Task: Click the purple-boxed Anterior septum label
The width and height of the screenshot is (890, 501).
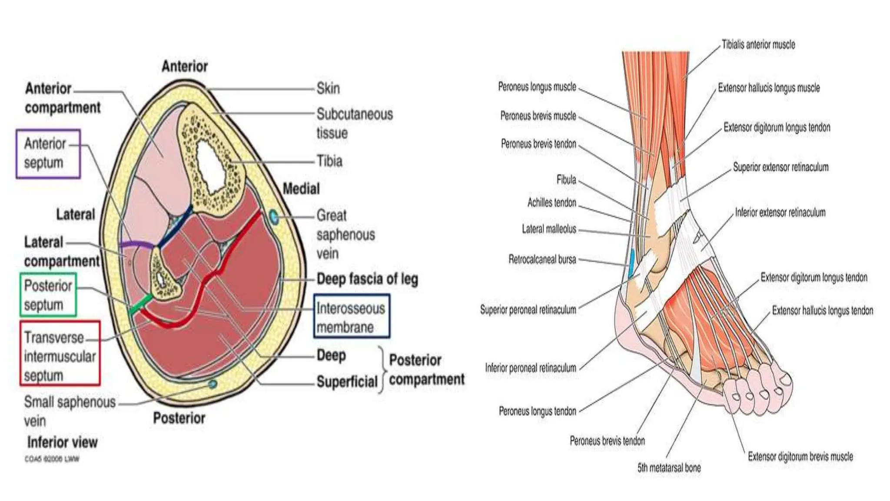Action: point(48,154)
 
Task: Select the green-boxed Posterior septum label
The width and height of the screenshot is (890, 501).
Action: point(48,295)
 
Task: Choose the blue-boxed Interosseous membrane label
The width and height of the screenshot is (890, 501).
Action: point(351,317)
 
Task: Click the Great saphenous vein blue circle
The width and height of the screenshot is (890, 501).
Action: point(274,217)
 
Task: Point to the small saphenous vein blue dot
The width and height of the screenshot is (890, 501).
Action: point(213,384)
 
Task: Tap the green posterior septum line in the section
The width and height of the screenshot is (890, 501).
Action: point(142,304)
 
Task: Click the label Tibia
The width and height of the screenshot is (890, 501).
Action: point(329,161)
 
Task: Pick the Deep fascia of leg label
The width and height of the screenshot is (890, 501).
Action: point(367,279)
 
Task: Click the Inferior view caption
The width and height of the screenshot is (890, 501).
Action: point(62,442)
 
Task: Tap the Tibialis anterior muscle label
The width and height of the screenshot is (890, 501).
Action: point(758,44)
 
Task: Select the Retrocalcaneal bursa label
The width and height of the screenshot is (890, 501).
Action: point(542,260)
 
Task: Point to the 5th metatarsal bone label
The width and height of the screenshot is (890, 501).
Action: point(669,468)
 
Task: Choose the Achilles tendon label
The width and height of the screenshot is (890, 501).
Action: point(551,203)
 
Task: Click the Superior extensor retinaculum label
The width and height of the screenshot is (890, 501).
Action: point(780,167)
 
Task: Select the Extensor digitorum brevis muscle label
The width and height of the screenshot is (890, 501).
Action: point(800,457)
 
